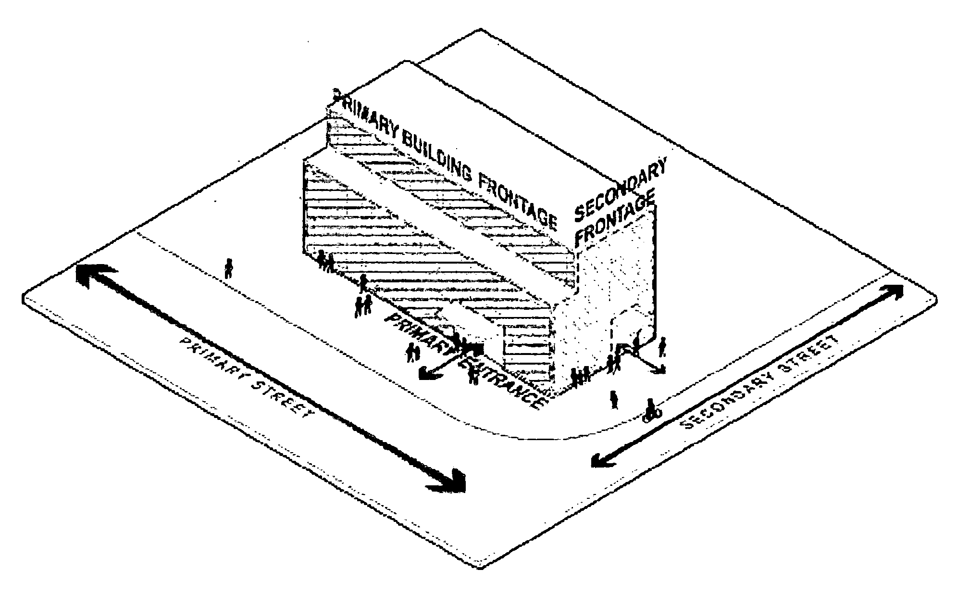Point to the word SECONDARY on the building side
click(x=620, y=190)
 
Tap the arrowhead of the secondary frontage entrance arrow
click(x=661, y=369)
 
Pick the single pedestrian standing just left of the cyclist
click(x=614, y=399)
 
